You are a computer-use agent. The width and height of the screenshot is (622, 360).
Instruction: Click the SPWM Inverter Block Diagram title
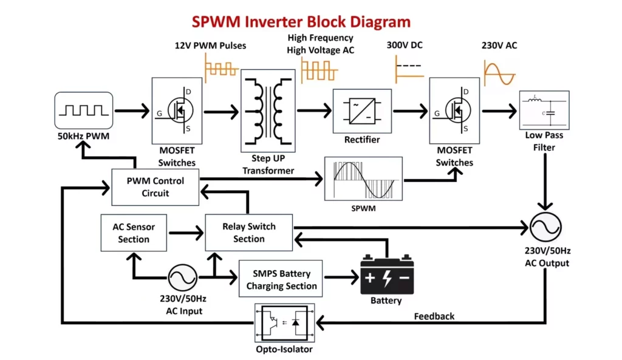(301, 22)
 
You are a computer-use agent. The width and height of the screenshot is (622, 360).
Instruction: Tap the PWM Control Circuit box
(155, 187)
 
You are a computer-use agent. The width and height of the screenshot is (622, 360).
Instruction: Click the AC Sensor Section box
(134, 233)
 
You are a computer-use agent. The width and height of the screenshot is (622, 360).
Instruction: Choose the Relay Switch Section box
(249, 233)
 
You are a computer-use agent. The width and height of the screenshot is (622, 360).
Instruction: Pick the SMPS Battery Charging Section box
(281, 279)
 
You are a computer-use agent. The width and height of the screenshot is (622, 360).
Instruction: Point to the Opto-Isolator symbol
(285, 323)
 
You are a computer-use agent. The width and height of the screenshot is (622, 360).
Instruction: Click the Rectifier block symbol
(362, 110)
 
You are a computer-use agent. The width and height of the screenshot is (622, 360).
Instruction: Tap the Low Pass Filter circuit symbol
(544, 110)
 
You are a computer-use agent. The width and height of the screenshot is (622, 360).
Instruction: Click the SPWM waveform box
(364, 178)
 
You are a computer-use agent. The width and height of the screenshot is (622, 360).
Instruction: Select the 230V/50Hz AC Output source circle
(544, 229)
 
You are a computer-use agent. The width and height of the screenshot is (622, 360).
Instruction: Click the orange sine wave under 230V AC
(499, 71)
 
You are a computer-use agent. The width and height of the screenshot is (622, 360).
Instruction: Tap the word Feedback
(434, 316)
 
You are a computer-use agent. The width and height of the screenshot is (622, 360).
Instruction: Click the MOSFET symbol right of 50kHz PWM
(177, 110)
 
